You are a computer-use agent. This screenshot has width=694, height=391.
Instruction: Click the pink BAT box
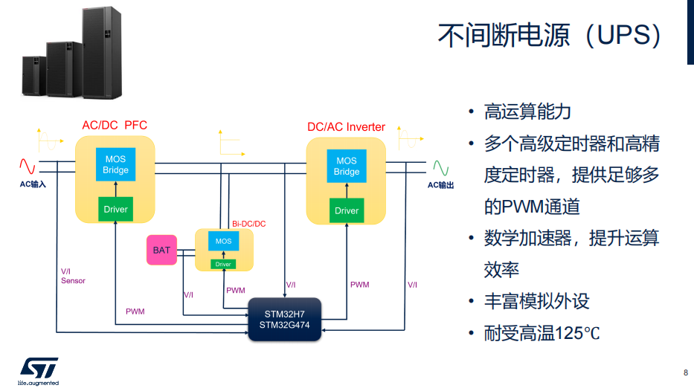161,250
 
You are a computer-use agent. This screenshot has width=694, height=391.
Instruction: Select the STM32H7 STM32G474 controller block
285,320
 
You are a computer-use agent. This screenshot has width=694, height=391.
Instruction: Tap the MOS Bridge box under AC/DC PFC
115,164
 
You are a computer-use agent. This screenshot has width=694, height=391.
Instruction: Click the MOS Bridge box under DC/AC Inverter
347,166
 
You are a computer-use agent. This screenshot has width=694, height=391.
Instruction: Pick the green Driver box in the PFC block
115,209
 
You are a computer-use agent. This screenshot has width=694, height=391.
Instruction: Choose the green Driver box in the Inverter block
347,210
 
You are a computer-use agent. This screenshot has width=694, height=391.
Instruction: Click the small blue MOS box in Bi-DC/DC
223,241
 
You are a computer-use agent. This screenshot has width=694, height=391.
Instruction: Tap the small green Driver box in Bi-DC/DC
223,264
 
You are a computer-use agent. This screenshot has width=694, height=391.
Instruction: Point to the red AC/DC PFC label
115,125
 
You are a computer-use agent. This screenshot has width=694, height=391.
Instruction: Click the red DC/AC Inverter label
346,127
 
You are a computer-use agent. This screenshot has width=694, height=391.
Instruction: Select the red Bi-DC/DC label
248,224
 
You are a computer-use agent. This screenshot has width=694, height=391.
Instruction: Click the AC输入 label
33,184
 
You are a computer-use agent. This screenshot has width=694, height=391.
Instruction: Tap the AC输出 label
440,185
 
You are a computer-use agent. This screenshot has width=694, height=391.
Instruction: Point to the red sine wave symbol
27,167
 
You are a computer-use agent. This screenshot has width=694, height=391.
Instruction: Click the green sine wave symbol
441,168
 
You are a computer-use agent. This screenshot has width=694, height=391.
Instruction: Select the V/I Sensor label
73,276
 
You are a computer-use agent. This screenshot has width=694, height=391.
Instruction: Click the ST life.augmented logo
39,372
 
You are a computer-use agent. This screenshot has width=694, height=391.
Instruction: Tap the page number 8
686,372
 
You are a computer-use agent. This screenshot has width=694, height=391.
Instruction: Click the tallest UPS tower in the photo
102,52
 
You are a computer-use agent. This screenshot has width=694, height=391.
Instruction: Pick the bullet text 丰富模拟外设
536,301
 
